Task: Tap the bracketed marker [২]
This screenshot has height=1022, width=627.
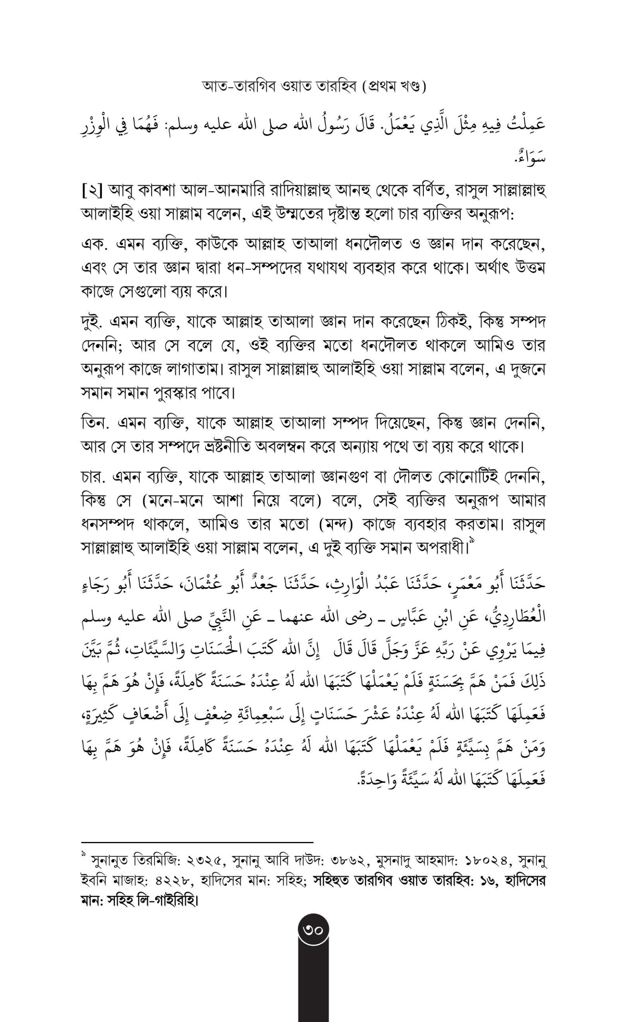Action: (91, 192)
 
